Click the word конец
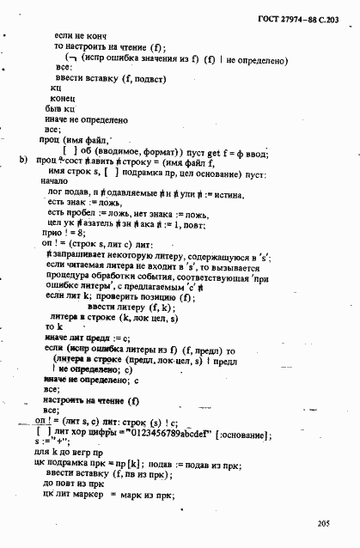coord(64,99)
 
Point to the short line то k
coord(54,326)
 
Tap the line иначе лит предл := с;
coord(83,338)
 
